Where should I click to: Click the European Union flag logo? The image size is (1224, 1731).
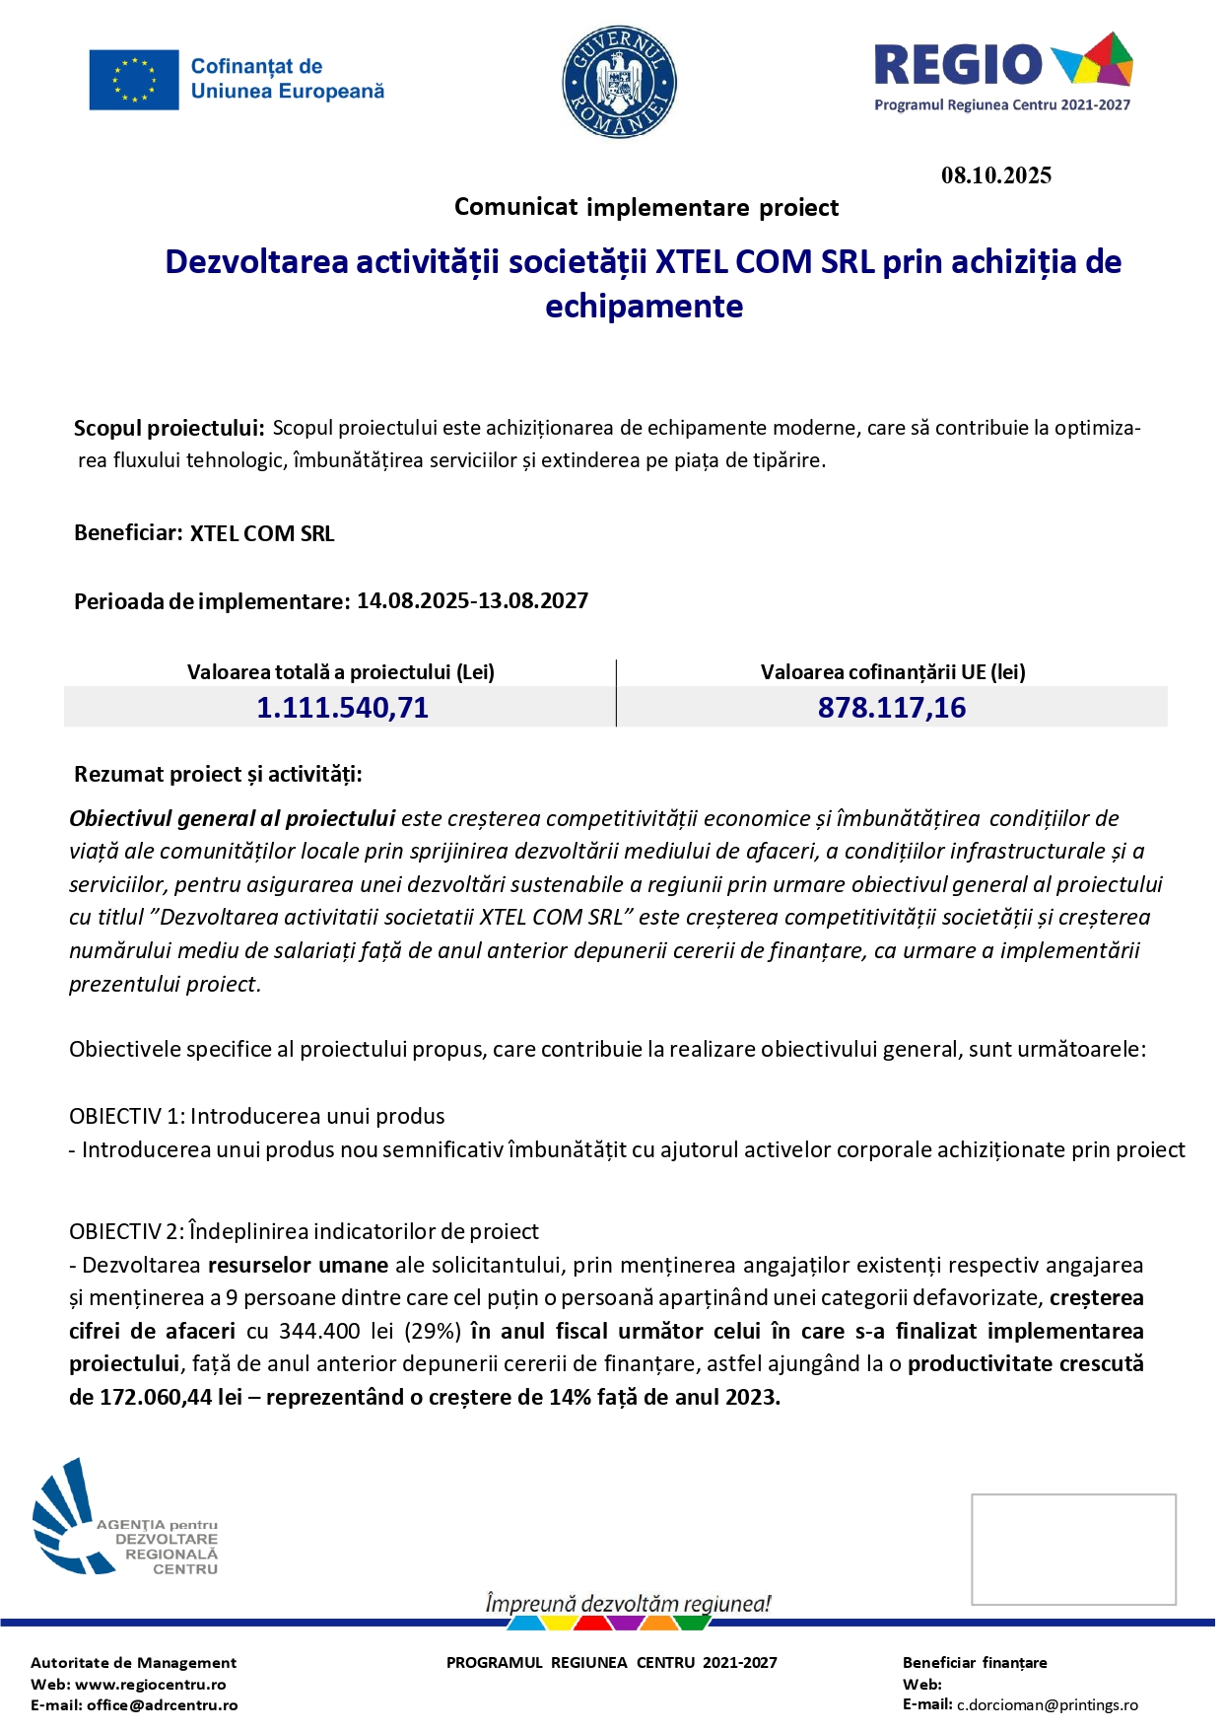click(134, 80)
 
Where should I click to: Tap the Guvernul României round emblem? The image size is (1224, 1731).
click(620, 82)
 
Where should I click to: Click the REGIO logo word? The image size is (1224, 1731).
click(958, 65)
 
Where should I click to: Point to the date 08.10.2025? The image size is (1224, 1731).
click(996, 175)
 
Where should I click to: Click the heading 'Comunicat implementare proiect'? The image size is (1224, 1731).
click(646, 208)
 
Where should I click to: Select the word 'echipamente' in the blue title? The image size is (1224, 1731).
click(645, 307)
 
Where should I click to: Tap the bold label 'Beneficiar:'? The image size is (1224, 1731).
click(128, 533)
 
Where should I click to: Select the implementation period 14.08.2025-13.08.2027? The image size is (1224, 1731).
click(472, 601)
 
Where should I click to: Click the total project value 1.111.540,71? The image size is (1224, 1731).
click(342, 708)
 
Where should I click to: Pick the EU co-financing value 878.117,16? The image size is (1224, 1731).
click(892, 708)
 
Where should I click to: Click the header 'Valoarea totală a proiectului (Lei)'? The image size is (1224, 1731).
click(341, 672)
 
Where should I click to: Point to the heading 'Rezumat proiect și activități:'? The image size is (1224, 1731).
click(218, 775)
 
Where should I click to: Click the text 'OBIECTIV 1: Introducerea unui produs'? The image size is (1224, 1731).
click(257, 1116)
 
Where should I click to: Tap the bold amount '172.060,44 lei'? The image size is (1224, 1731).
click(170, 1398)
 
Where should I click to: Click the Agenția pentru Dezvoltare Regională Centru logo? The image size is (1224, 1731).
click(125, 1519)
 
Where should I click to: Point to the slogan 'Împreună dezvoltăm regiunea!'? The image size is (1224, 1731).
click(628, 1604)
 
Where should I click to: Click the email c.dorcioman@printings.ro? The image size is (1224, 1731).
click(1048, 1705)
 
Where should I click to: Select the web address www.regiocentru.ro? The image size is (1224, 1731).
click(151, 1685)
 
